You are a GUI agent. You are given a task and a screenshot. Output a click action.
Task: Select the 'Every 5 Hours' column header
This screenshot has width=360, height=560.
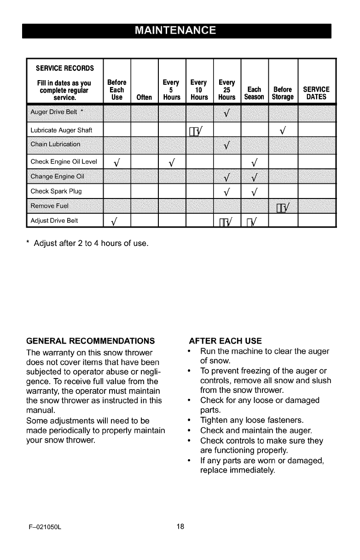(172, 90)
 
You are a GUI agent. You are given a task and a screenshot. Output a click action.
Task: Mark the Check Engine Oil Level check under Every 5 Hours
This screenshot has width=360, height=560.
(172, 162)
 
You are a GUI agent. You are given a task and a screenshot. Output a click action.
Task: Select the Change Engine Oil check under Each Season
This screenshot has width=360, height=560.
(255, 177)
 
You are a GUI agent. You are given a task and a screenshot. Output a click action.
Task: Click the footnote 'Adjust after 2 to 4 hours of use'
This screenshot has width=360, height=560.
(87, 243)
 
